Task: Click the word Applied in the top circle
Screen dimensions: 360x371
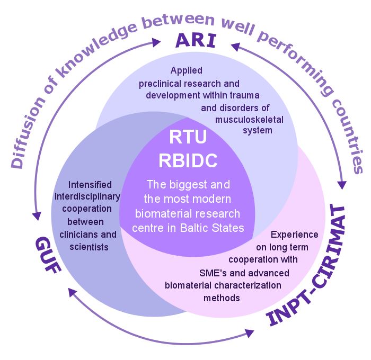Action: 187,70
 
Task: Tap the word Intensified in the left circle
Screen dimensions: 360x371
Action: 90,185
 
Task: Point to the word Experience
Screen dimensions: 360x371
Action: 295,235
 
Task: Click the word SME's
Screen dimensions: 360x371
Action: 213,273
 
